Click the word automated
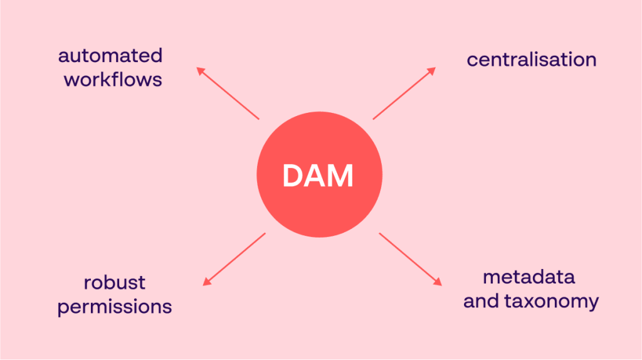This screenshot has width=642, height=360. (x=110, y=56)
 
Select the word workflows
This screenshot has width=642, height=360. (x=113, y=79)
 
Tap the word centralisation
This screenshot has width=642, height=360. (x=532, y=60)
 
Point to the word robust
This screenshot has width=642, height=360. (x=114, y=283)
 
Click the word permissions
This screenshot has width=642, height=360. (x=115, y=307)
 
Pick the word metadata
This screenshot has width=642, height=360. (x=529, y=277)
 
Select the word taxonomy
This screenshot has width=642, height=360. (x=551, y=302)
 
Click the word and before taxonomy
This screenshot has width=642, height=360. (x=481, y=301)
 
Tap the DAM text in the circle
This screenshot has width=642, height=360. (x=318, y=176)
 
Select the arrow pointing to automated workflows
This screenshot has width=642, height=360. (x=228, y=93)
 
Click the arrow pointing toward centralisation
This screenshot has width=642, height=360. (x=404, y=93)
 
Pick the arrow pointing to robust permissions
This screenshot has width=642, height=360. (x=234, y=259)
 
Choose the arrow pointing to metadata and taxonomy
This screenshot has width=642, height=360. (x=411, y=259)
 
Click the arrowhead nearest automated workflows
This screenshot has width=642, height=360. (x=200, y=70)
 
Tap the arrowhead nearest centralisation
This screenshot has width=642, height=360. (x=432, y=71)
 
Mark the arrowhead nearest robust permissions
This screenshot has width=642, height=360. (x=206, y=282)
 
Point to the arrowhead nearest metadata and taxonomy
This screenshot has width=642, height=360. (x=438, y=282)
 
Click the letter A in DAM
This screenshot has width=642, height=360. (x=316, y=176)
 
